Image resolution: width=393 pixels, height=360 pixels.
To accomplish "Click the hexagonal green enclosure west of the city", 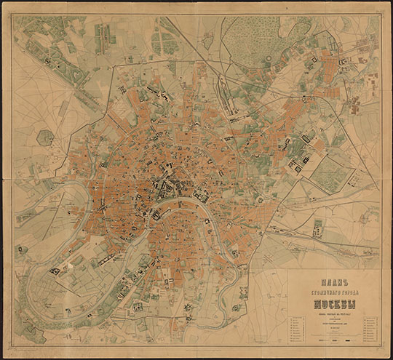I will click(x=45, y=137).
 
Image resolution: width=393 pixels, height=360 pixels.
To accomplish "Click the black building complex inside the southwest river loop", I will click(x=55, y=271).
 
